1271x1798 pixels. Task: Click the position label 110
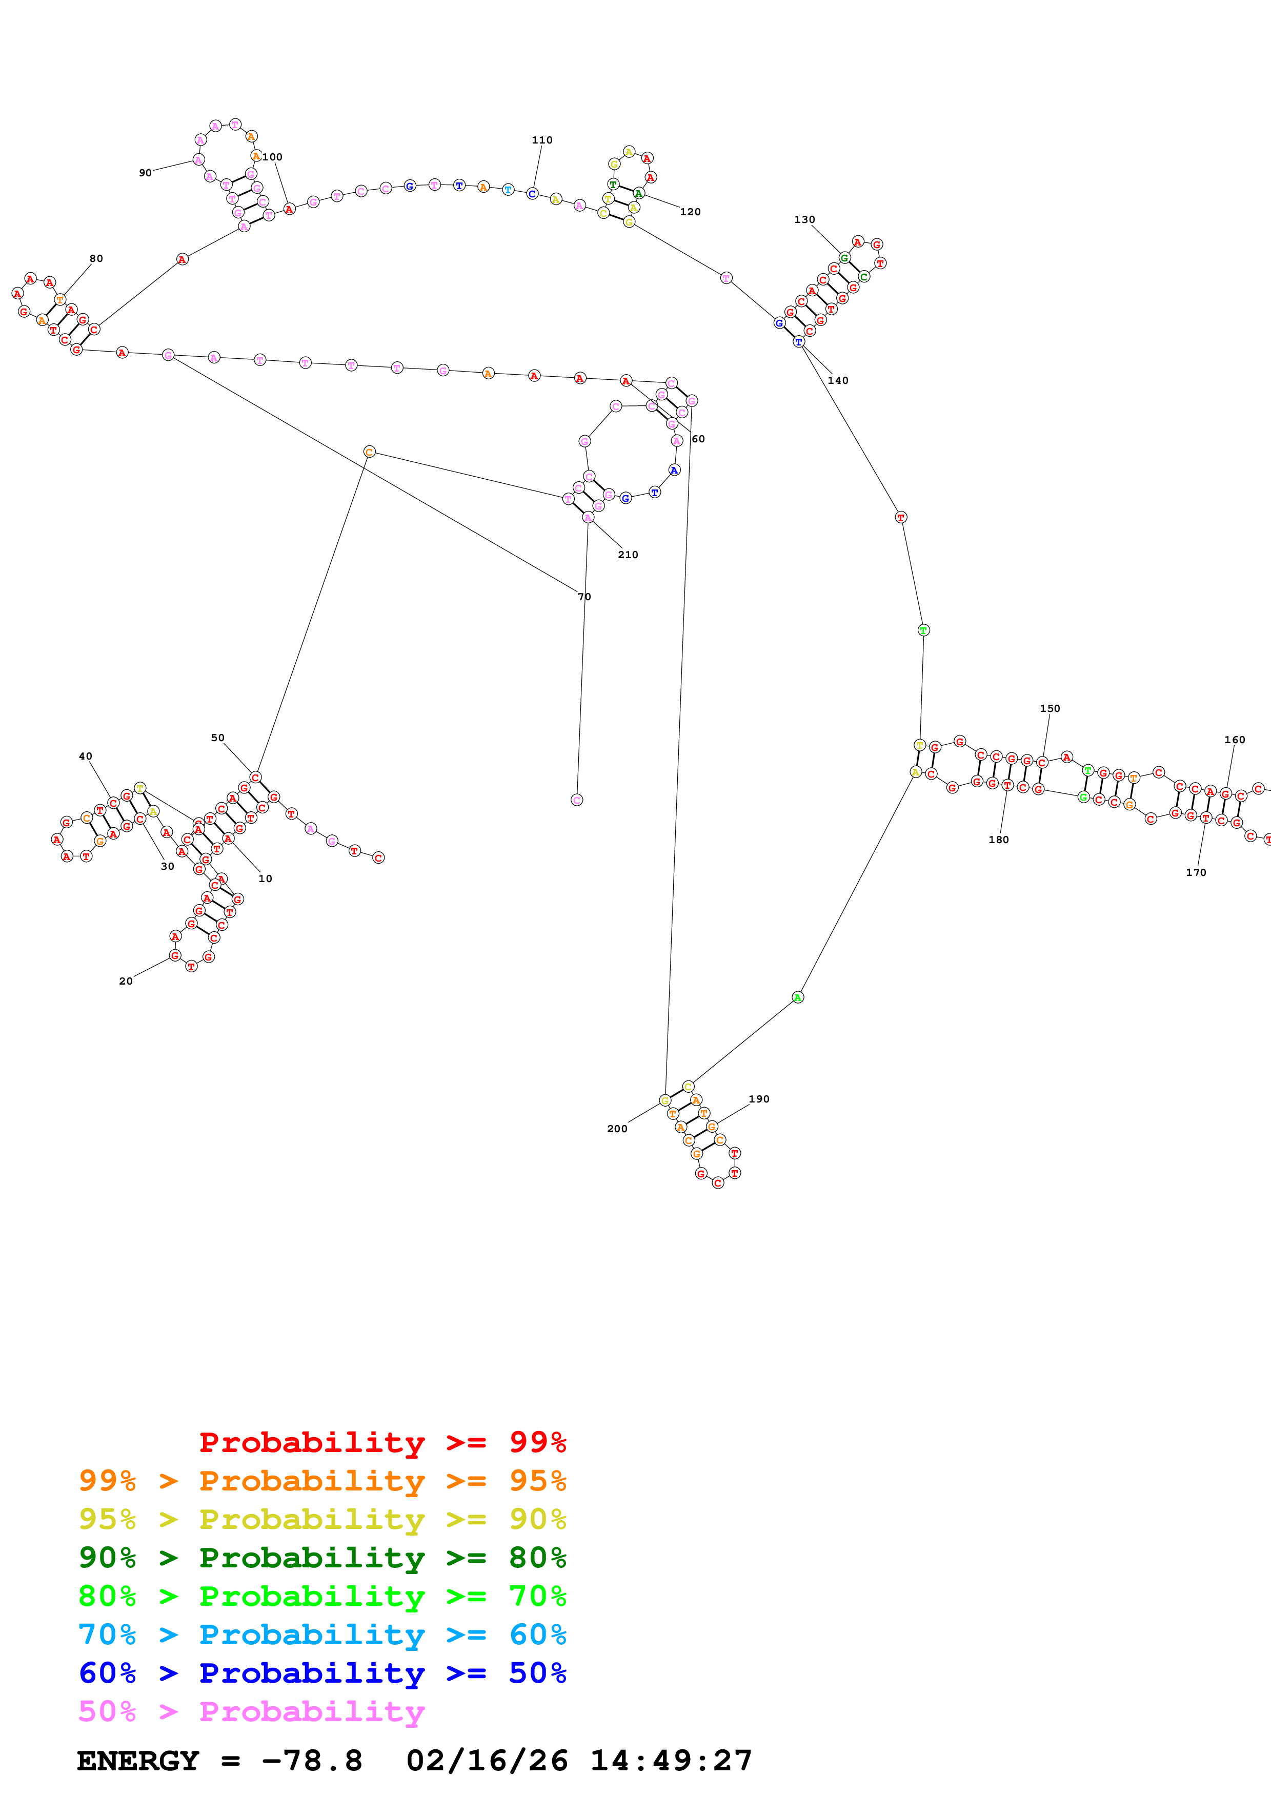click(542, 140)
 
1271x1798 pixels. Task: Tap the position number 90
click(145, 173)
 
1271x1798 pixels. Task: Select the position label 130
click(804, 220)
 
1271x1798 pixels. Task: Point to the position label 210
click(628, 555)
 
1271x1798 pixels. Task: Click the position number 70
click(584, 597)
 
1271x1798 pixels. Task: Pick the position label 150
click(1050, 709)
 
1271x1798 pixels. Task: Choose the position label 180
click(998, 840)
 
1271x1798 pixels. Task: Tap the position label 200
click(617, 1129)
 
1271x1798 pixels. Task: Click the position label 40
click(85, 757)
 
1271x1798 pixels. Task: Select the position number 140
click(838, 381)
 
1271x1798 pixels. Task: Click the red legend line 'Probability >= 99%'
click(382, 1442)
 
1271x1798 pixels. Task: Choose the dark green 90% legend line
click(322, 1558)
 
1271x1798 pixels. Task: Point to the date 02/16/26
click(487, 1761)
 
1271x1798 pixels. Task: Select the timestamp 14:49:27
click(671, 1761)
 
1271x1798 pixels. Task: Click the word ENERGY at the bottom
click(138, 1761)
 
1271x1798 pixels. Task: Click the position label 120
click(690, 212)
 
